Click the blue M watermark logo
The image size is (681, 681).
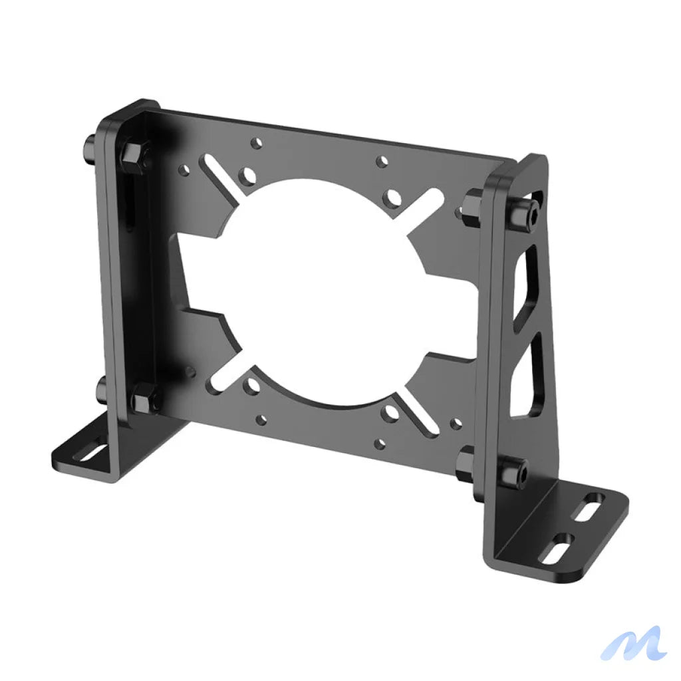[633, 643]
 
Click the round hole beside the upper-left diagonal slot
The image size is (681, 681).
[249, 176]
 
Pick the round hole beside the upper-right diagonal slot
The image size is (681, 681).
[394, 198]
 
